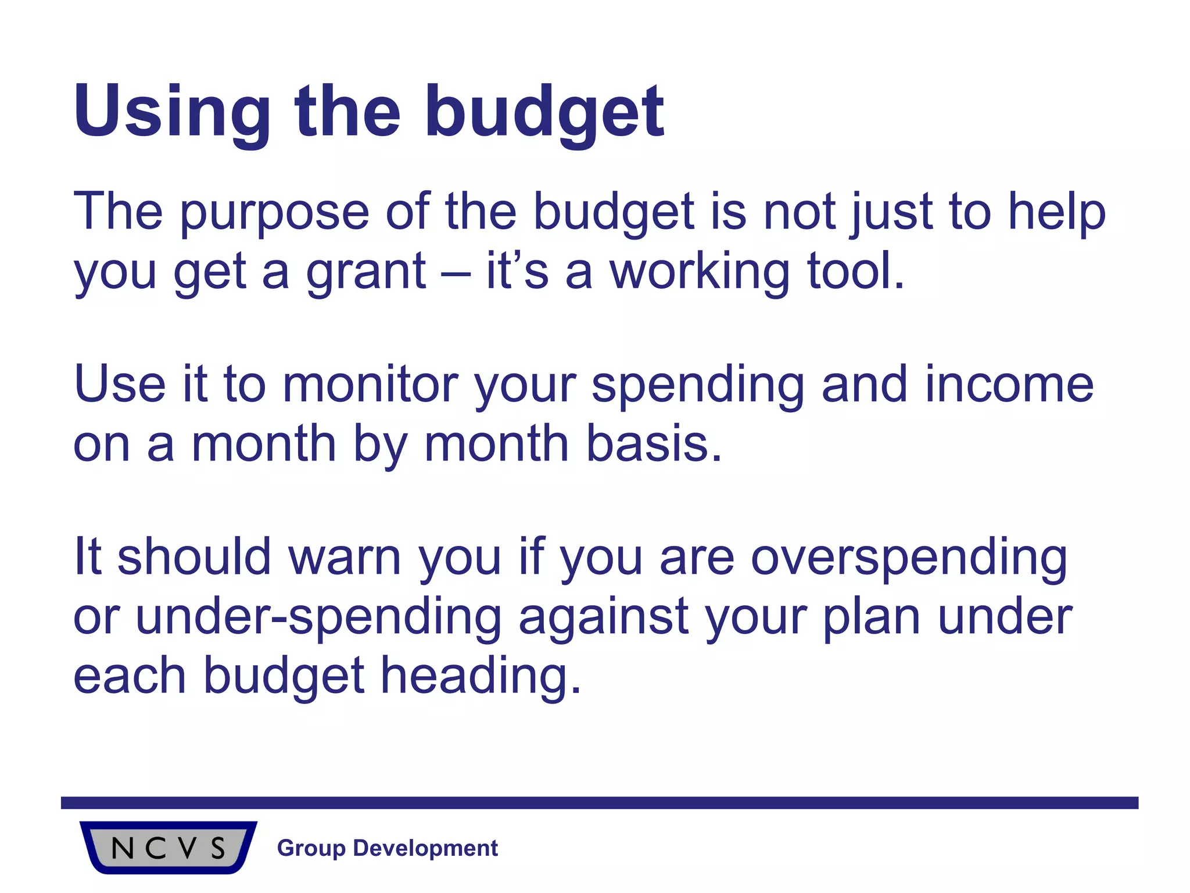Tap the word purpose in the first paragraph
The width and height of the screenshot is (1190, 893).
tap(274, 212)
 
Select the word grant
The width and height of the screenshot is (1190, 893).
tap(366, 272)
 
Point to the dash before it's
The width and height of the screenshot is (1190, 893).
tap(456, 272)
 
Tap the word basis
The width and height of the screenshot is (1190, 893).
tap(654, 444)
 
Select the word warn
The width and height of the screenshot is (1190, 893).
tap(345, 557)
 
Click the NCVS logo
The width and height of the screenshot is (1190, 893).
tap(168, 847)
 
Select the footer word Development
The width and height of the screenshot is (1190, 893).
tap(425, 848)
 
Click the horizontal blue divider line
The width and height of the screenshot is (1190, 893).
tap(598, 803)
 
